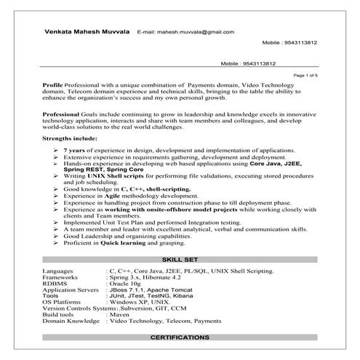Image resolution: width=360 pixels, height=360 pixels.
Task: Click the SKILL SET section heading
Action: [x=180, y=259]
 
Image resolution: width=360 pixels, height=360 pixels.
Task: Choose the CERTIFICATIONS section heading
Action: [x=180, y=339]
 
